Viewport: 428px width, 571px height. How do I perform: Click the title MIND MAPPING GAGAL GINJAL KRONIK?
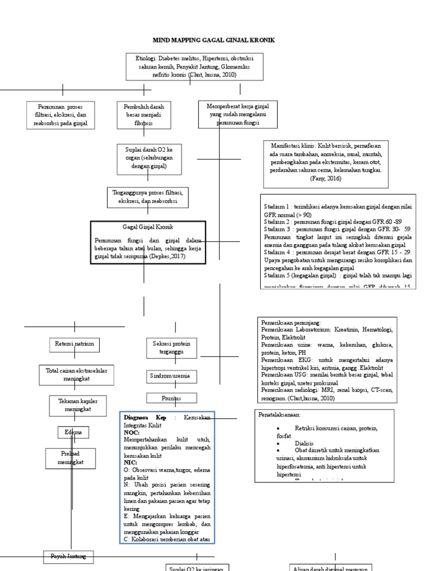click(x=214, y=41)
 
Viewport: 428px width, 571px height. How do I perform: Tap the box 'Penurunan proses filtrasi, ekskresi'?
click(x=61, y=115)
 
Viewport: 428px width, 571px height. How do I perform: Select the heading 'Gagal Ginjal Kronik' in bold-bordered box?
click(x=148, y=228)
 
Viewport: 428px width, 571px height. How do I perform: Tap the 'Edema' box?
click(x=72, y=433)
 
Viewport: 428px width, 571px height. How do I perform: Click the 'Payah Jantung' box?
click(x=69, y=556)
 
